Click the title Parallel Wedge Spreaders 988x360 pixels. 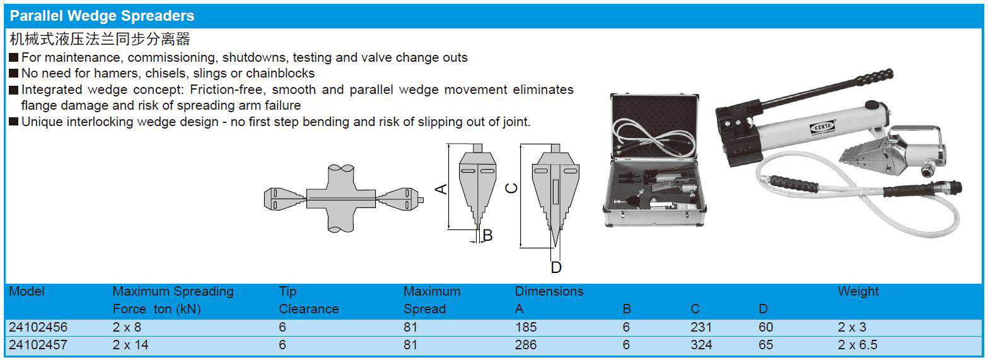click(x=102, y=16)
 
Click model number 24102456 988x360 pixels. click(x=38, y=327)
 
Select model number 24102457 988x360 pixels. click(x=38, y=345)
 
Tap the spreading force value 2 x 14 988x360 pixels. click(x=130, y=345)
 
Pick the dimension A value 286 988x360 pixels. click(x=526, y=345)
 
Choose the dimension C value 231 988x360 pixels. click(x=701, y=327)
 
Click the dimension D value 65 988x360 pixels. click(x=765, y=345)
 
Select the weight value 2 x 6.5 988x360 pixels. click(x=857, y=345)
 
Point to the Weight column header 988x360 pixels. click(x=858, y=292)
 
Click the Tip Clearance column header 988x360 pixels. click(x=309, y=300)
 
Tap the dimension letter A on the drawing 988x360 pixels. click(x=441, y=189)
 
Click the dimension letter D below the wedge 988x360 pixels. click(x=556, y=267)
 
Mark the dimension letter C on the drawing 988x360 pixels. click(x=511, y=189)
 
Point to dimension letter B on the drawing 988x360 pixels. click(x=487, y=236)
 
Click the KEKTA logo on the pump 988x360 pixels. click(x=823, y=127)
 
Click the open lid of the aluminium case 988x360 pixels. click(x=654, y=125)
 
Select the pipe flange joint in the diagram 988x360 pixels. click(x=341, y=199)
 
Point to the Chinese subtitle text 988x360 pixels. click(x=100, y=39)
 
